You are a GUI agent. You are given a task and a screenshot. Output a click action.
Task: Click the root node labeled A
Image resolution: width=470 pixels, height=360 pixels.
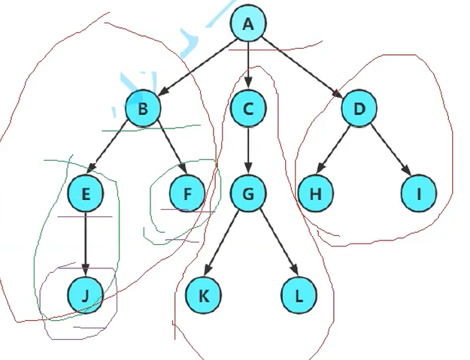click(248, 26)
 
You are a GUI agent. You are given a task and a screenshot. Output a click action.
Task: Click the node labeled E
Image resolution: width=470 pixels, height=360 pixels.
click(85, 195)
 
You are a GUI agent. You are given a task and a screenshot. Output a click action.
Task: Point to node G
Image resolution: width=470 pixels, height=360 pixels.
click(248, 195)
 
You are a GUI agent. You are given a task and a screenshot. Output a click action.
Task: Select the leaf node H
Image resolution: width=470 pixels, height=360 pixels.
click(316, 195)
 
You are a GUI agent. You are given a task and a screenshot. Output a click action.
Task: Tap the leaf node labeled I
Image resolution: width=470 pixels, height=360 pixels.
click(419, 195)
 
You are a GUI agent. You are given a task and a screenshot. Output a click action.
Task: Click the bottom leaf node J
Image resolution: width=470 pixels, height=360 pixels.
click(85, 296)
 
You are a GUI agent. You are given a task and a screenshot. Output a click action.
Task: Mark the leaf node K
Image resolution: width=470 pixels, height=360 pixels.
click(204, 296)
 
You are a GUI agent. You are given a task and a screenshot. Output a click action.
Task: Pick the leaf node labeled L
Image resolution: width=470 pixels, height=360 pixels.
click(299, 296)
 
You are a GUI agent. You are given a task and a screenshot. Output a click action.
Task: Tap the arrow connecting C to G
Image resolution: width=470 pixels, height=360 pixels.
click(248, 152)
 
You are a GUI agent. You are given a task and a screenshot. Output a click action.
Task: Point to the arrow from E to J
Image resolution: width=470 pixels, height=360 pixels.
click(85, 244)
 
